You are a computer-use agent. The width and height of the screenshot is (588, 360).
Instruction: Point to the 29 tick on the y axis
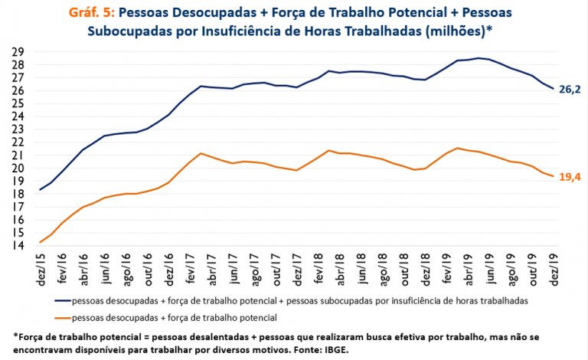pyautogui.click(x=18, y=51)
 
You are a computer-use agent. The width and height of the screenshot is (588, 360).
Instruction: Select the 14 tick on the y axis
pyautogui.click(x=18, y=246)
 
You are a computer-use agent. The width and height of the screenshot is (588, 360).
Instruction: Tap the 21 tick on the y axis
pyautogui.click(x=18, y=155)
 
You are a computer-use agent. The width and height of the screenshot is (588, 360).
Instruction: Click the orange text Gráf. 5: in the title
pyautogui.click(x=92, y=13)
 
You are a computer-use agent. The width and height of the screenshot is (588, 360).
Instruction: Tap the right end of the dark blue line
pyautogui.click(x=554, y=89)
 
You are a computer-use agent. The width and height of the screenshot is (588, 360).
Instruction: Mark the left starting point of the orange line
pyautogui.click(x=40, y=242)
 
